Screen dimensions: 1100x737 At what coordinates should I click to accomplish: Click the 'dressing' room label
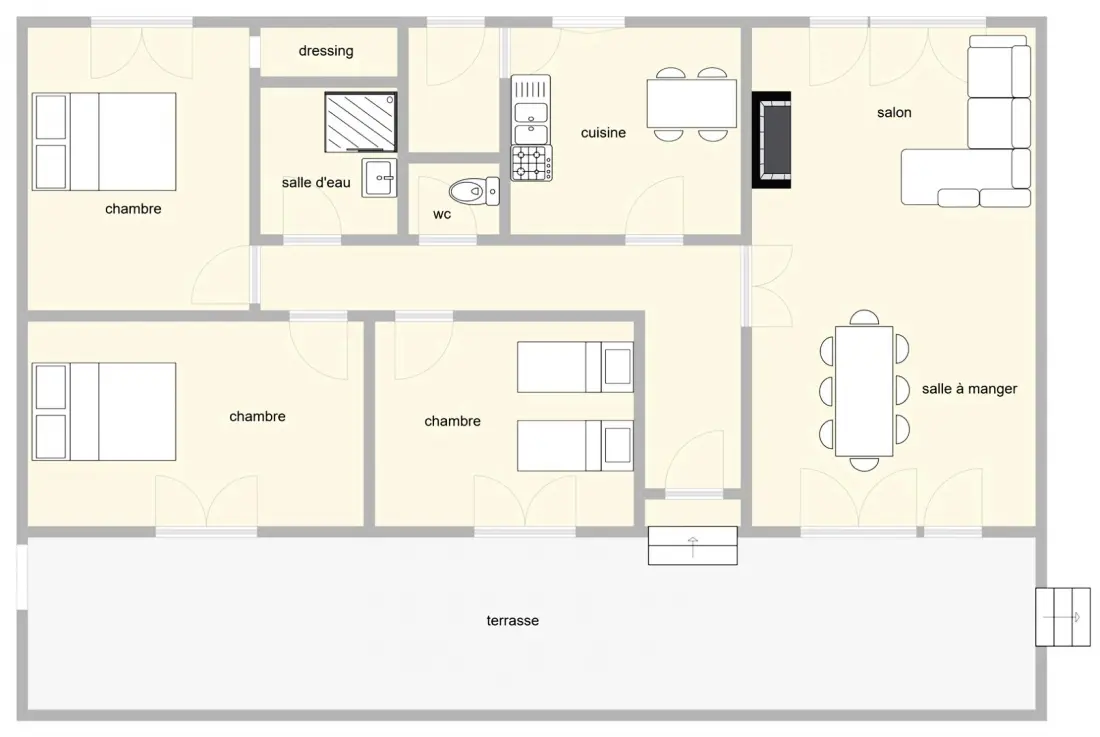(x=326, y=51)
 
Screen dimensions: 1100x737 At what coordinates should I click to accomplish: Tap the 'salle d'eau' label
(x=316, y=182)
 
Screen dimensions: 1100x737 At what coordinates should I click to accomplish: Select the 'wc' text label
(x=442, y=215)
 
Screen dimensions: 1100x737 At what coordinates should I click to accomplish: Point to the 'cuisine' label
(x=603, y=133)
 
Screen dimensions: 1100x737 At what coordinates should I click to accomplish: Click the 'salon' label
(x=894, y=112)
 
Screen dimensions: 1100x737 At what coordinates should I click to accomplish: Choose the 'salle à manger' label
(x=970, y=388)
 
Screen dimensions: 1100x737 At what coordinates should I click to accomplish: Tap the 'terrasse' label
(x=513, y=621)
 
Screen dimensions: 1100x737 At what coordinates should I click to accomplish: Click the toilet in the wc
(x=474, y=191)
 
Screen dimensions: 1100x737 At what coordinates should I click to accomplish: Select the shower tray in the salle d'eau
(x=361, y=122)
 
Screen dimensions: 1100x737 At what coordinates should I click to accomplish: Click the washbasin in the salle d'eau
(x=380, y=178)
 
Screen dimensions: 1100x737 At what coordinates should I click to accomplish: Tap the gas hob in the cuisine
(x=531, y=163)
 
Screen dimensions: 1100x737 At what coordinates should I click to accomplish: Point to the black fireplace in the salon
(x=772, y=140)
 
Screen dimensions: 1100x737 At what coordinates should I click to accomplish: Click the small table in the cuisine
(x=692, y=103)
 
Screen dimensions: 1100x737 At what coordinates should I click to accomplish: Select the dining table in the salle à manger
(x=864, y=391)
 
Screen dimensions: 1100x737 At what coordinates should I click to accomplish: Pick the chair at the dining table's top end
(x=864, y=318)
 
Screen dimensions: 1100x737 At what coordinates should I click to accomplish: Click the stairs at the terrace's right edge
(x=1063, y=617)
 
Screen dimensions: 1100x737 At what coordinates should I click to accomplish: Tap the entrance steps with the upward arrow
(x=692, y=546)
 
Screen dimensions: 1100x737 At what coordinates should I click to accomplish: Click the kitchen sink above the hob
(x=531, y=109)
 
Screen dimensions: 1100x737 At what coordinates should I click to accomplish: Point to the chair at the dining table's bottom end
(x=864, y=464)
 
